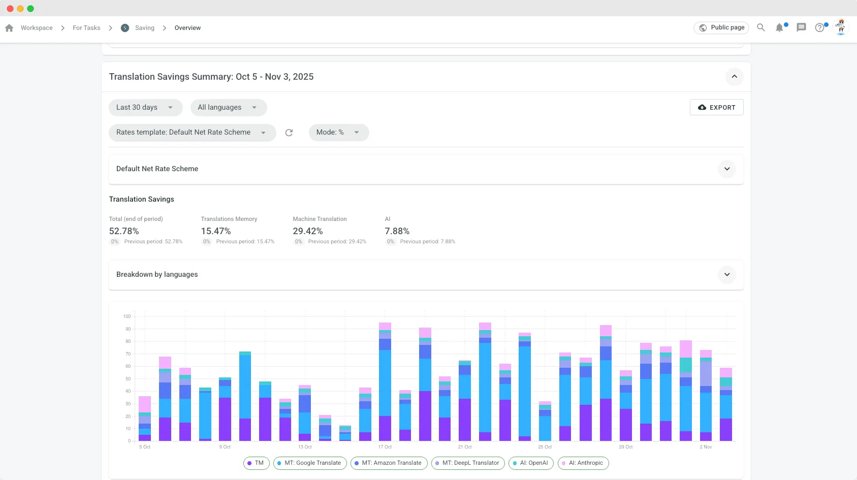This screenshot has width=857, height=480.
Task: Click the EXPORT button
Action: (x=716, y=107)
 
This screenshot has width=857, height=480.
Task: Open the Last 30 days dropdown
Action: (x=145, y=107)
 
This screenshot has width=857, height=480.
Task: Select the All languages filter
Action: (x=228, y=107)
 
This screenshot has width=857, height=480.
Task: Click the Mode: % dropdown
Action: (x=338, y=133)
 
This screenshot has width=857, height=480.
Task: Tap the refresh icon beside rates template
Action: (x=289, y=133)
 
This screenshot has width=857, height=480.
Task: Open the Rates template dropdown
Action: (x=192, y=133)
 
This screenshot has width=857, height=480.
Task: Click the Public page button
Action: (x=722, y=28)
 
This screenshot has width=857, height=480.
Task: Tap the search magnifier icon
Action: (x=760, y=28)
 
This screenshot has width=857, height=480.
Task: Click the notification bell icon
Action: (x=779, y=28)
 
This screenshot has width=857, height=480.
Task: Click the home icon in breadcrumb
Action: (x=9, y=28)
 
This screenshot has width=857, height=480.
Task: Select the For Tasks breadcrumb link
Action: (x=86, y=28)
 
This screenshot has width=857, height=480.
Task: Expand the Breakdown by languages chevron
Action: (x=727, y=275)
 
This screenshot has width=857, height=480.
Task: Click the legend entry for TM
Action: (x=256, y=463)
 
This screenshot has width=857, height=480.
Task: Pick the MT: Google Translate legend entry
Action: (x=310, y=463)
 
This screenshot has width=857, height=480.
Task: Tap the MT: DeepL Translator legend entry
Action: (x=467, y=463)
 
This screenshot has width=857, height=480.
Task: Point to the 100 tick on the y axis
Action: (x=127, y=316)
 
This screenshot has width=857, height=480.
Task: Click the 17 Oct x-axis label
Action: (x=385, y=447)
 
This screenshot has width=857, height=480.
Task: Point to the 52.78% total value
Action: (x=124, y=231)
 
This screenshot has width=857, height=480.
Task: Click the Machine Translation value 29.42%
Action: (x=308, y=231)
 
